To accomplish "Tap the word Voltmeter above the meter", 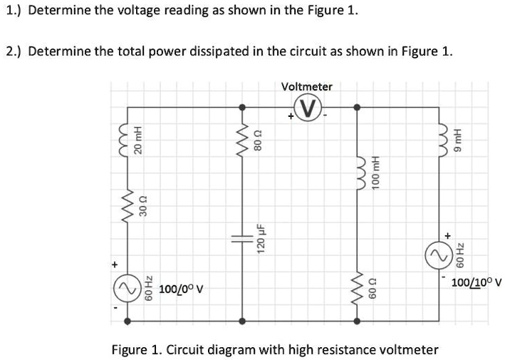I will point(307,86).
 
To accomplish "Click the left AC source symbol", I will point(127,289).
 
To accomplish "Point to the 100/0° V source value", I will point(182,289).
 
